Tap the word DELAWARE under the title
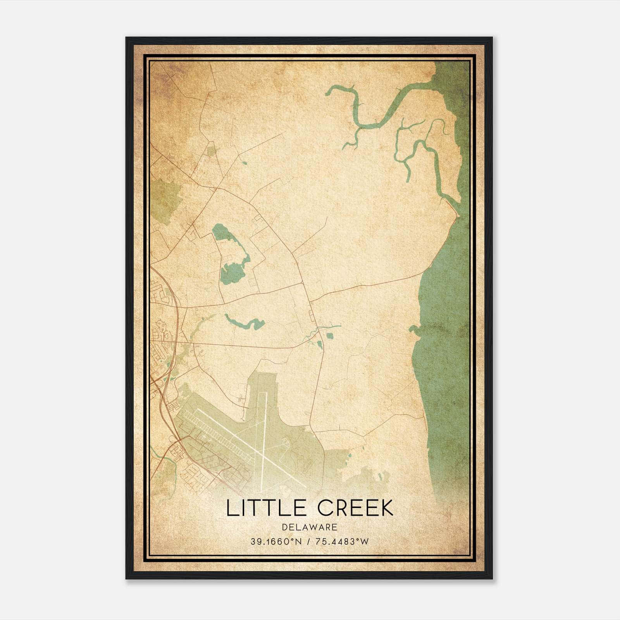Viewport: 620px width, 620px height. pos(310,527)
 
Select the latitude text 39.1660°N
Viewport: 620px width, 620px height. pos(276,542)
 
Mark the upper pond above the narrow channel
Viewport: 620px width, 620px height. pos(221,232)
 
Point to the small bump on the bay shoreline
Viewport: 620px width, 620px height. pos(414,330)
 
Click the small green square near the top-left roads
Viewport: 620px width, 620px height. pos(211,151)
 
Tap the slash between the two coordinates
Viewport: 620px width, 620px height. pos(308,542)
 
